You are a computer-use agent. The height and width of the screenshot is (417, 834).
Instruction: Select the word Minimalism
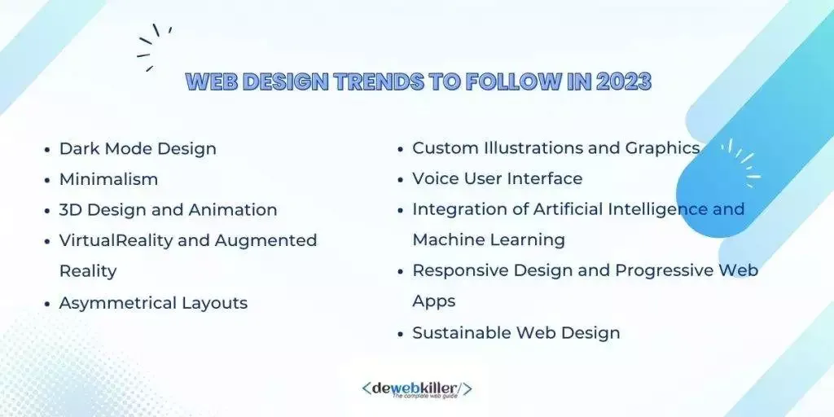tap(108, 178)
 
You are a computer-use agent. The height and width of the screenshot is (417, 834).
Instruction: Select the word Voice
tap(439, 178)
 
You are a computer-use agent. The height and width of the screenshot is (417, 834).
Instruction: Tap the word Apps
tap(434, 301)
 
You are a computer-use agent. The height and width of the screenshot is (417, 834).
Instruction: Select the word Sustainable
tap(460, 332)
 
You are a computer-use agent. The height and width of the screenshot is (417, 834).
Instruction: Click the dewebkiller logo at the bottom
tap(416, 389)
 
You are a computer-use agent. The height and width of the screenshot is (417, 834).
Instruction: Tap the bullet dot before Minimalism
tap(47, 180)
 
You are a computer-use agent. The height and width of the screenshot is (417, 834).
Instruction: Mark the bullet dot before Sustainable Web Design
tap(401, 334)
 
